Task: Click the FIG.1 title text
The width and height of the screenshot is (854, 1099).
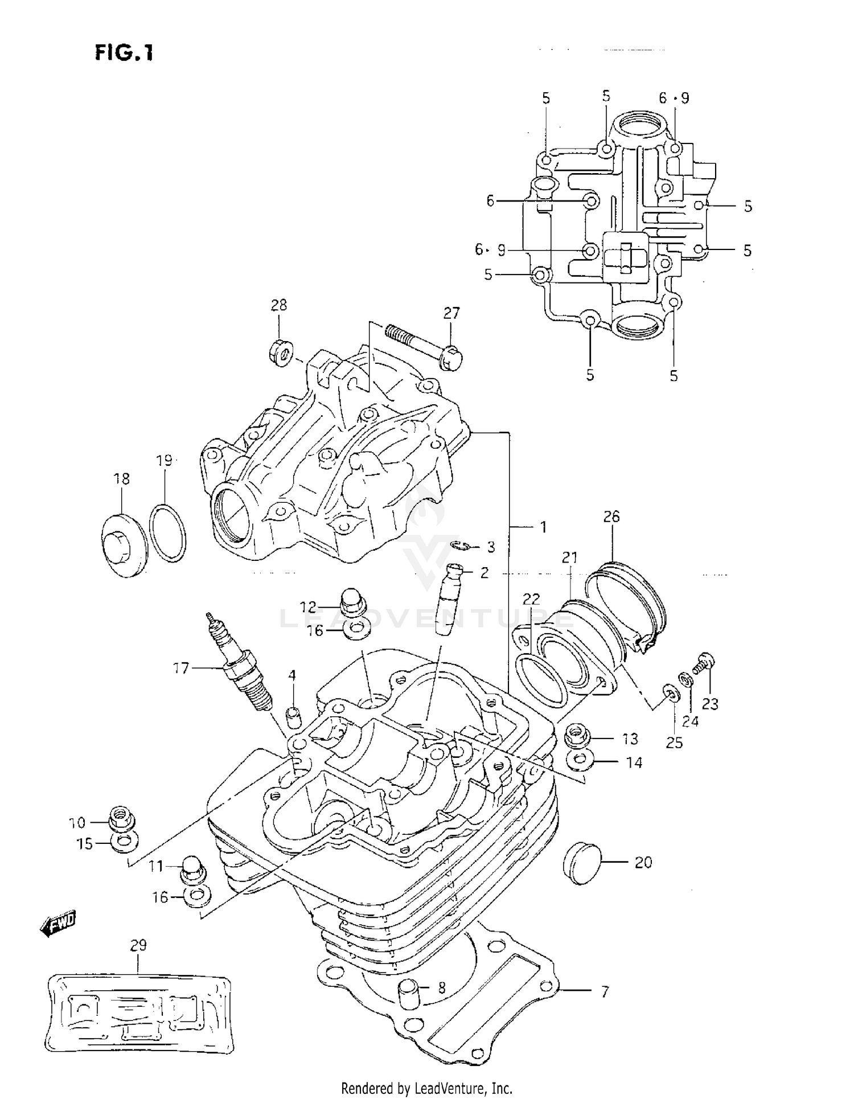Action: (124, 53)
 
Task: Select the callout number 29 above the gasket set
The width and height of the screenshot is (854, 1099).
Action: (138, 945)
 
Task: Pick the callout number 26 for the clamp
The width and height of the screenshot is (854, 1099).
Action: (611, 516)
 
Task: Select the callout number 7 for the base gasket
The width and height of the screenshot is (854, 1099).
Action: (605, 991)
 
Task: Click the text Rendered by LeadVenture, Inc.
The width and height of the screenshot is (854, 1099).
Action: (426, 1088)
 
